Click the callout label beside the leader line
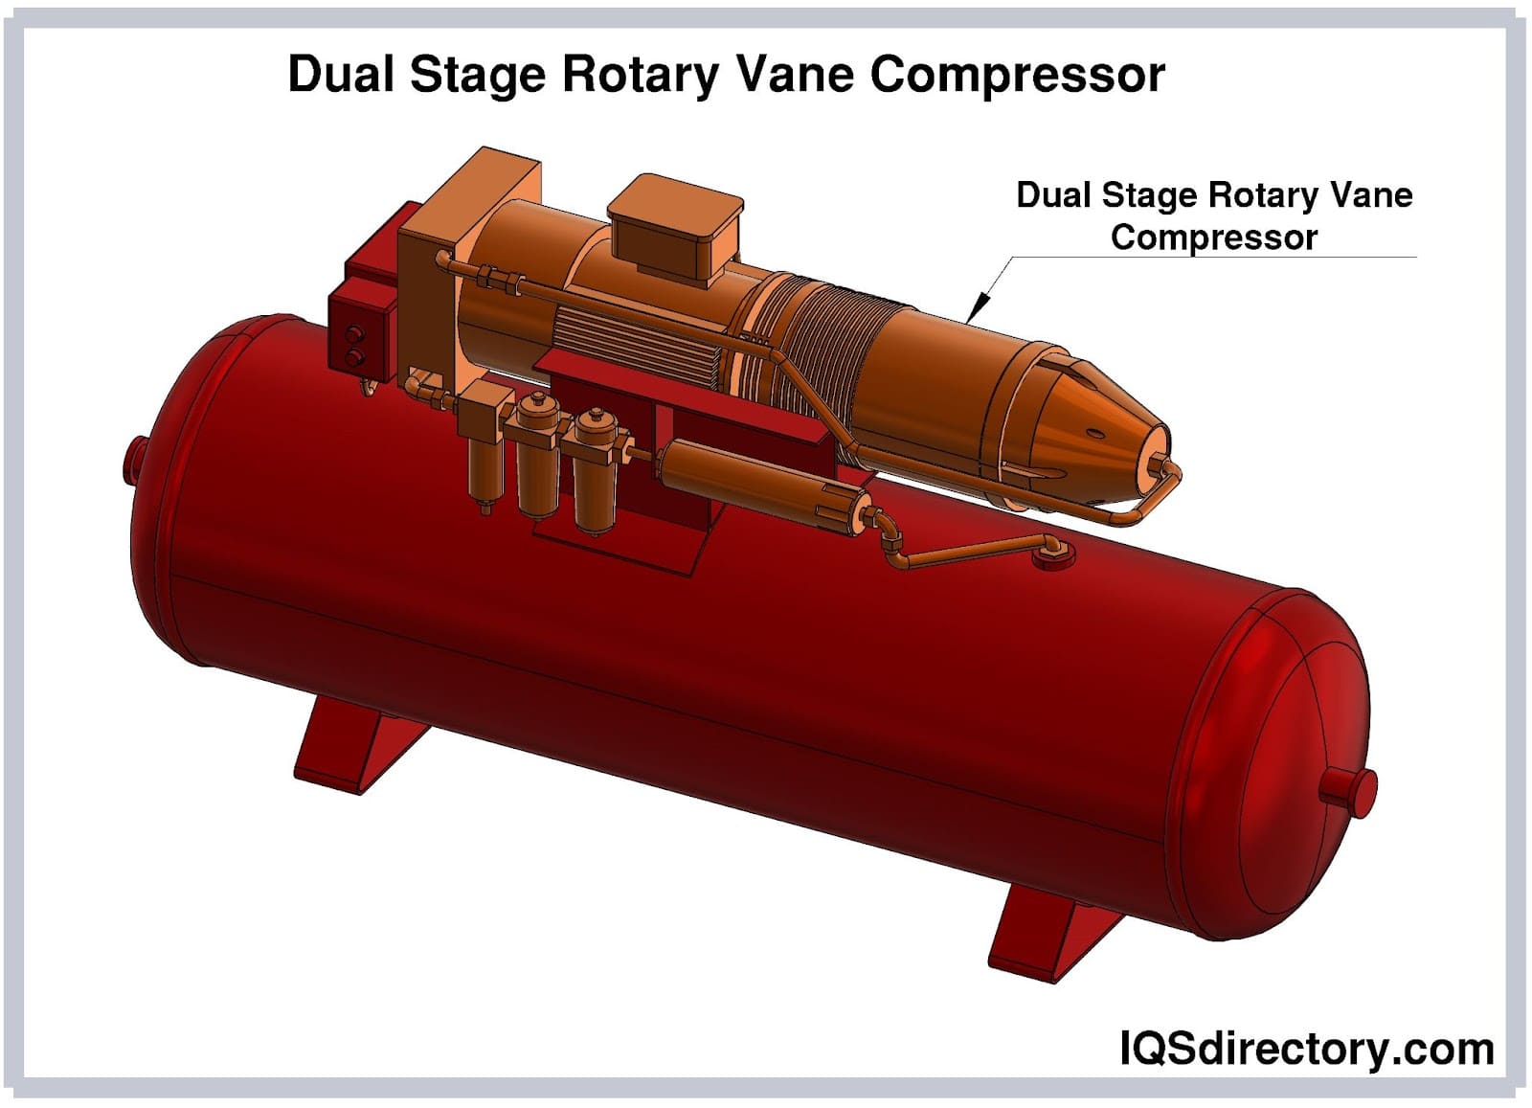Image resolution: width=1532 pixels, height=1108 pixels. tap(1213, 215)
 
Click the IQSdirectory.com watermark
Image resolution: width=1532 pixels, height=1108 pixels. tap(1306, 1049)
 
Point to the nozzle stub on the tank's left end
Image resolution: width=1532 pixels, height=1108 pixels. tap(135, 460)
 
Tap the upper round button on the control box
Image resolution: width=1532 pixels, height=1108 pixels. tap(356, 335)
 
